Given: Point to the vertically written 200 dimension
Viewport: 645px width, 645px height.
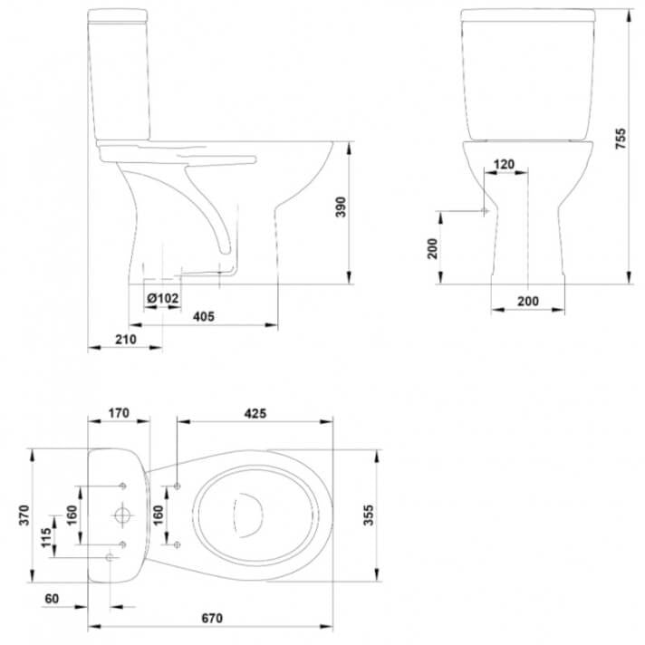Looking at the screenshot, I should (x=433, y=246).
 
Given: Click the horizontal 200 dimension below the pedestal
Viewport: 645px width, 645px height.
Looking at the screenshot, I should (x=528, y=301).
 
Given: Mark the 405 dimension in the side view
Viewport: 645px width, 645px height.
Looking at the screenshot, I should (x=203, y=316).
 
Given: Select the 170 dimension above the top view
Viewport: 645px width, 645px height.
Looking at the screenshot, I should (x=119, y=413).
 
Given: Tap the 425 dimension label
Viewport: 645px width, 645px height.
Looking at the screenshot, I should (x=255, y=413).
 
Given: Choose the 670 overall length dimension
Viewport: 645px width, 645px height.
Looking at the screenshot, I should (x=210, y=618).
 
